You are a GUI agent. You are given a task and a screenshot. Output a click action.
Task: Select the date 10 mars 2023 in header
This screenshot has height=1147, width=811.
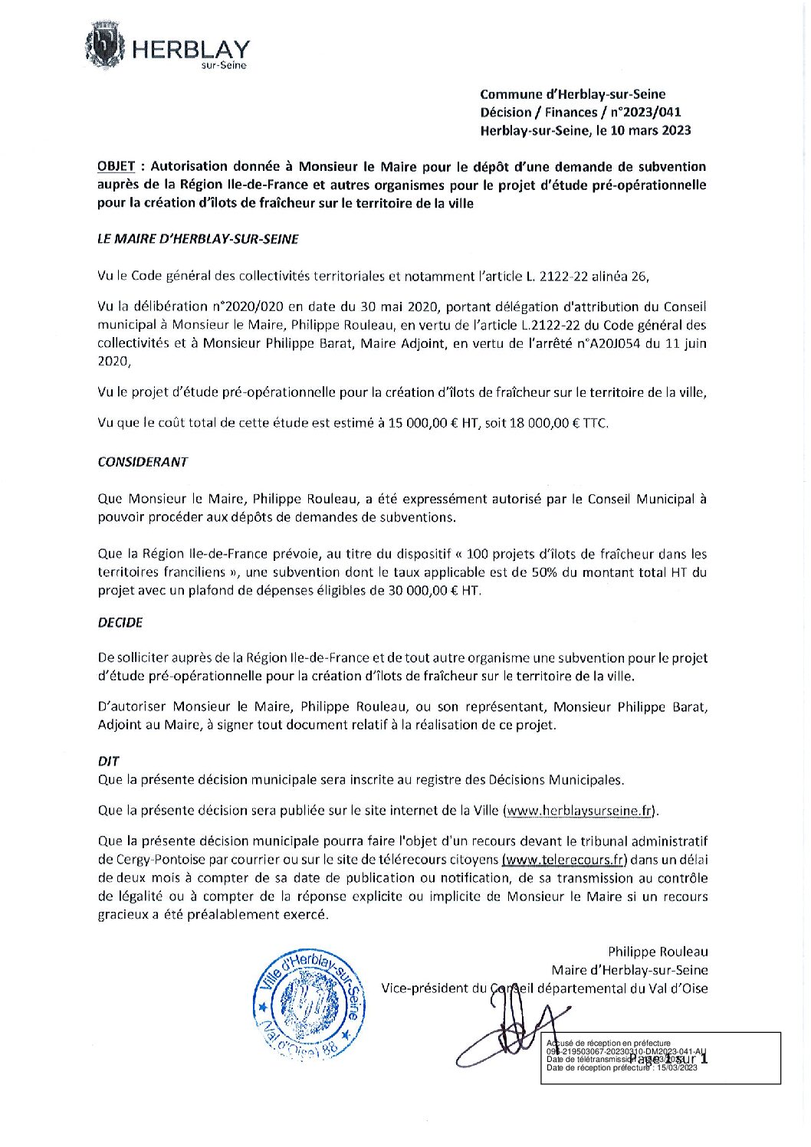[650, 130]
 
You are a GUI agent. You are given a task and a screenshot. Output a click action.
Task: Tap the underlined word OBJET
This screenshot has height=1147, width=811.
[117, 167]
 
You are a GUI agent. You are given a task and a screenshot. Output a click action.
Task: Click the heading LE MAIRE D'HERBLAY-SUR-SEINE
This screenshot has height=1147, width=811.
[198, 239]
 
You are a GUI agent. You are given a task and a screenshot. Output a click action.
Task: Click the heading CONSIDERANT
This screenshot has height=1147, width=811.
[143, 462]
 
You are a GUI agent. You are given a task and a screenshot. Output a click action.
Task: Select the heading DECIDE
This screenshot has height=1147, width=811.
[120, 623]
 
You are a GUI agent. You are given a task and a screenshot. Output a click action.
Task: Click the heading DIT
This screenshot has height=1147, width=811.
[108, 762]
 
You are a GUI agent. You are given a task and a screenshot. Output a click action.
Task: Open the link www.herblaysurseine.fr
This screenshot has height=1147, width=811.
[580, 811]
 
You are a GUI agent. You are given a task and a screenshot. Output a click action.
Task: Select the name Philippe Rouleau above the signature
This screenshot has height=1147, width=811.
[658, 952]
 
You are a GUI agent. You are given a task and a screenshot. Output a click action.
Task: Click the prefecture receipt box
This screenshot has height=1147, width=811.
[661, 1057]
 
